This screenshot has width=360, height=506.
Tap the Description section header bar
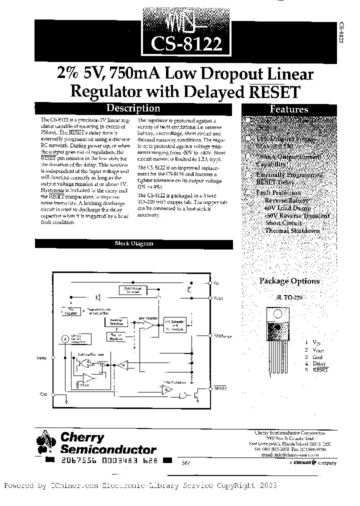(134, 108)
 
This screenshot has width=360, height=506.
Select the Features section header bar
(288, 109)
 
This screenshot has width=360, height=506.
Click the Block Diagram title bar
(134, 244)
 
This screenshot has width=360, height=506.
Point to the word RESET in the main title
(272, 92)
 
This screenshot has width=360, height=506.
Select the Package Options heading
(289, 281)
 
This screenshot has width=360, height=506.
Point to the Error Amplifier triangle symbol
(149, 325)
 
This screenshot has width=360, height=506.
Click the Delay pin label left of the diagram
(42, 357)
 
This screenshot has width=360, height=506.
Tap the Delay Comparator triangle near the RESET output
(168, 389)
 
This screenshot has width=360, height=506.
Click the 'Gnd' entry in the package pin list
(317, 356)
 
